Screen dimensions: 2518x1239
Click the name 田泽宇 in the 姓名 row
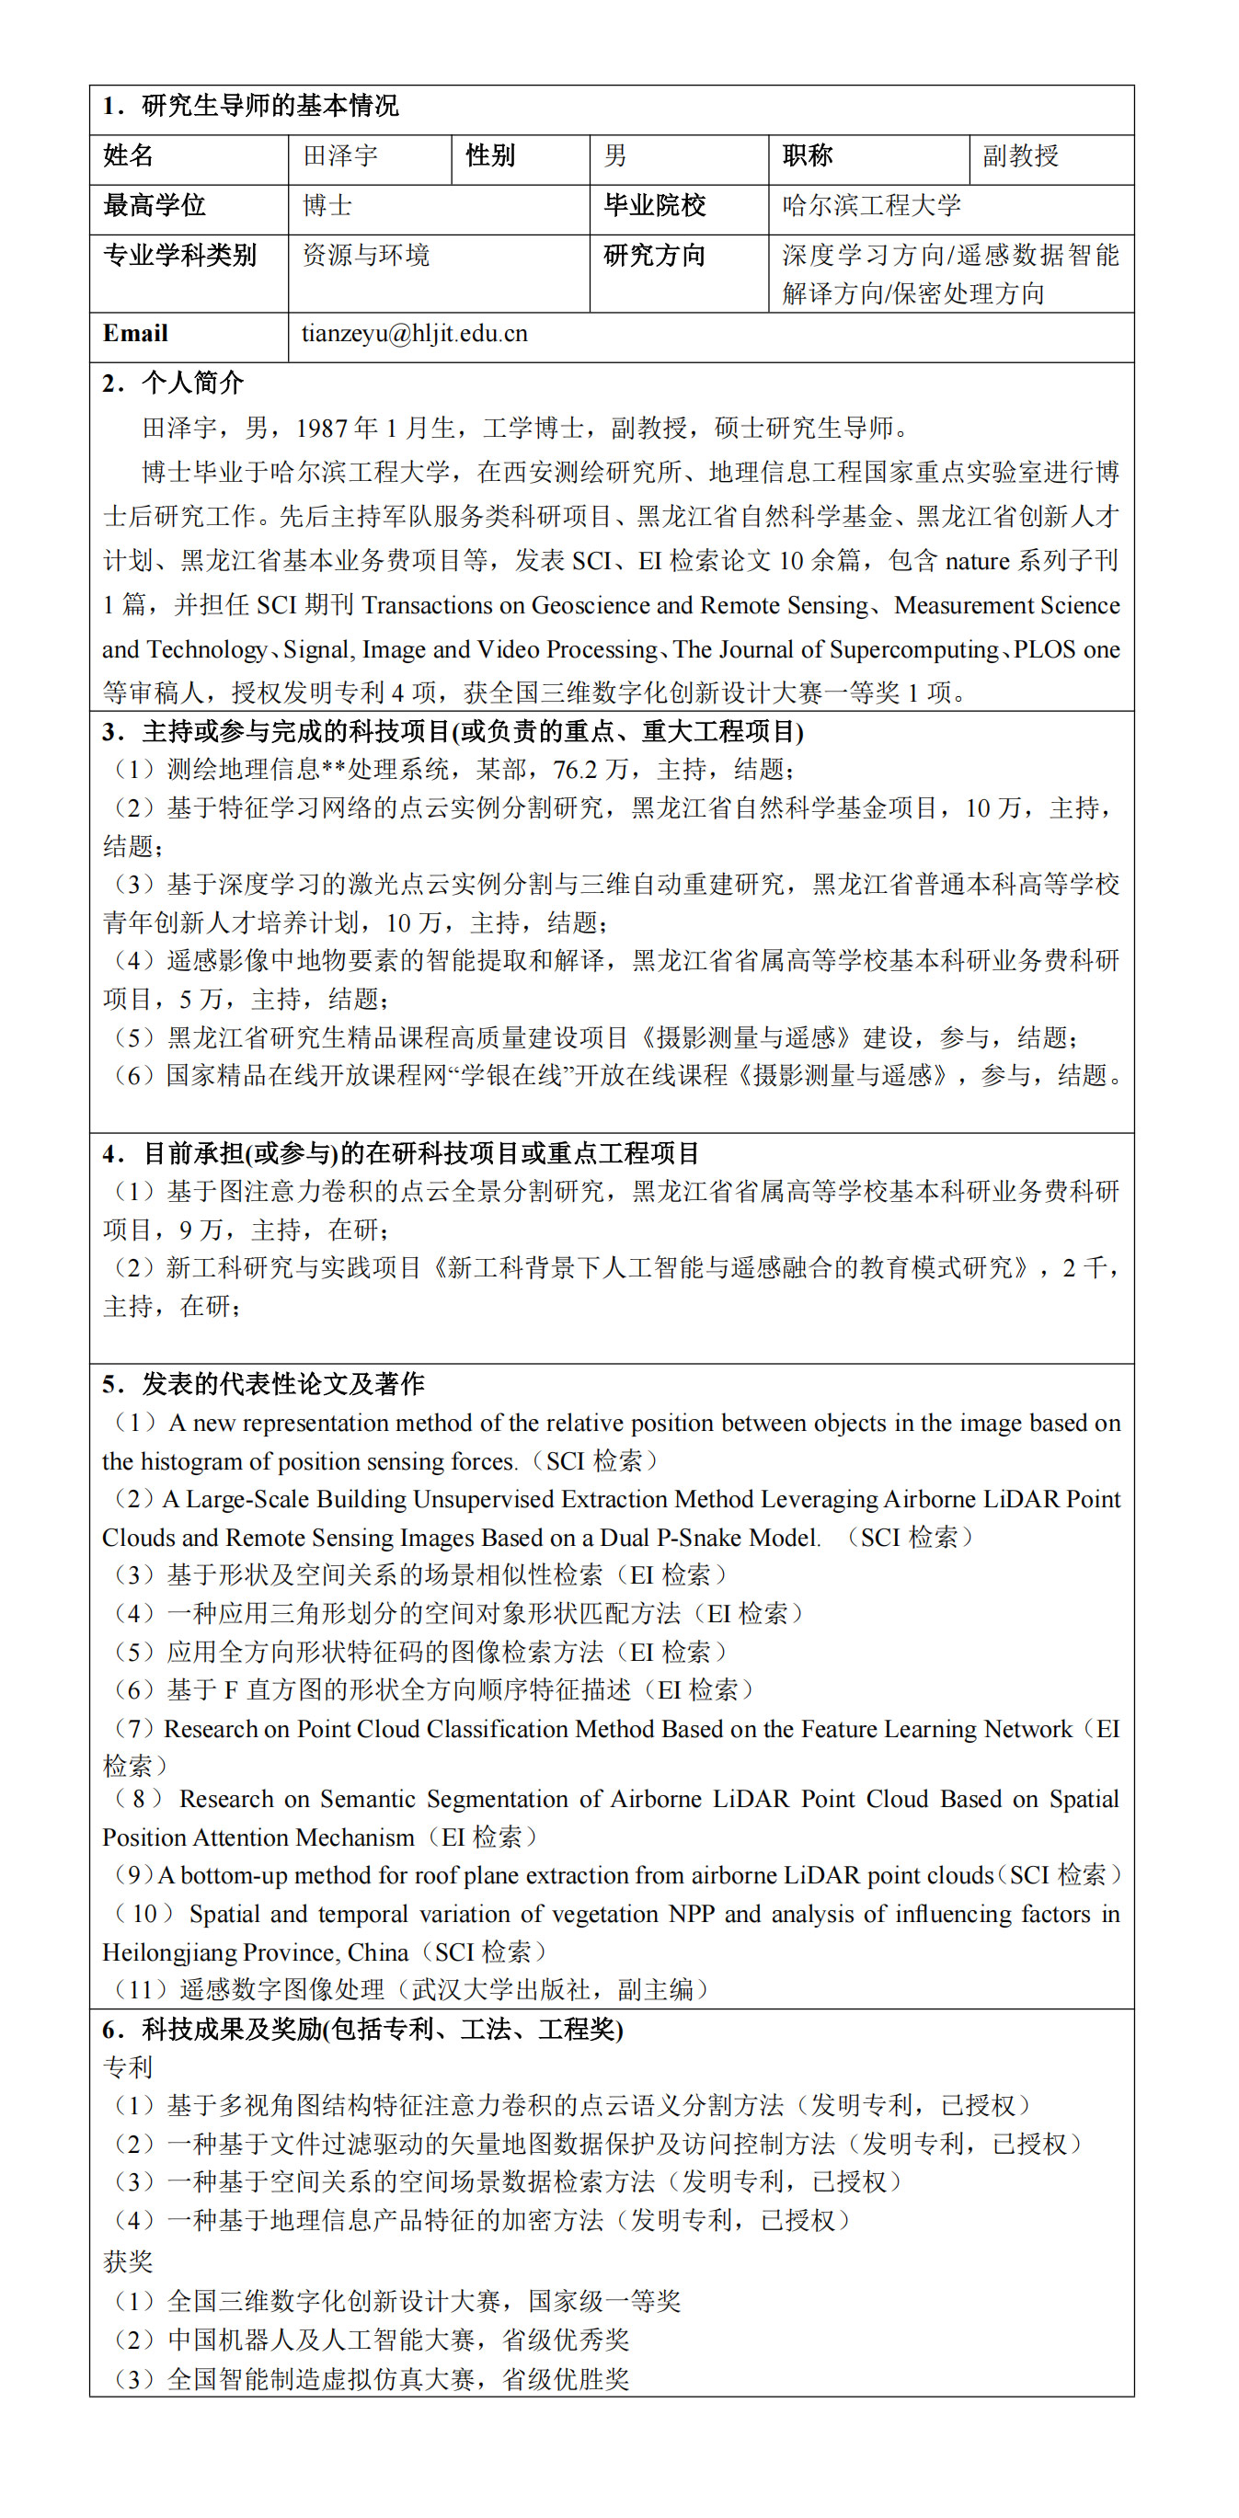(339, 155)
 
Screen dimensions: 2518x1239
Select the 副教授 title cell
(1020, 155)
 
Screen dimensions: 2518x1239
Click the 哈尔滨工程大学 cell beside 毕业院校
(870, 205)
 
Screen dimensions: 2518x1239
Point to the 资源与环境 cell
(366, 255)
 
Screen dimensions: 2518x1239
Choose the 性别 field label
(490, 155)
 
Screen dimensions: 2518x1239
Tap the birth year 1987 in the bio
(322, 429)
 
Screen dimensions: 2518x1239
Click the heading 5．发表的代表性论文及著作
(263, 1384)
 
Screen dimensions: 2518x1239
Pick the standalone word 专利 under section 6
(128, 2067)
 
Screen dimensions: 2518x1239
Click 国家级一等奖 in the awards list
(604, 2301)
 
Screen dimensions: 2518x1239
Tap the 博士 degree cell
(327, 205)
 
